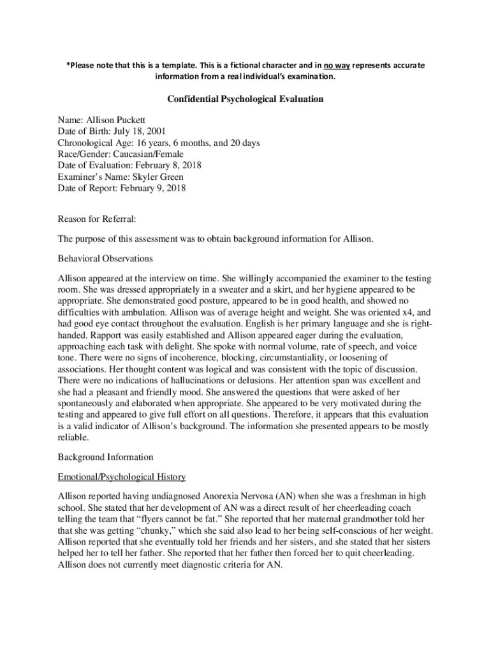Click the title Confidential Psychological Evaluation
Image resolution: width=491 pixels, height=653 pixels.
(x=245, y=99)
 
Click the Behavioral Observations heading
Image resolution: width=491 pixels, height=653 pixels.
(x=105, y=259)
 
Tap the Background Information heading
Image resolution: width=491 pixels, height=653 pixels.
(x=105, y=457)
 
